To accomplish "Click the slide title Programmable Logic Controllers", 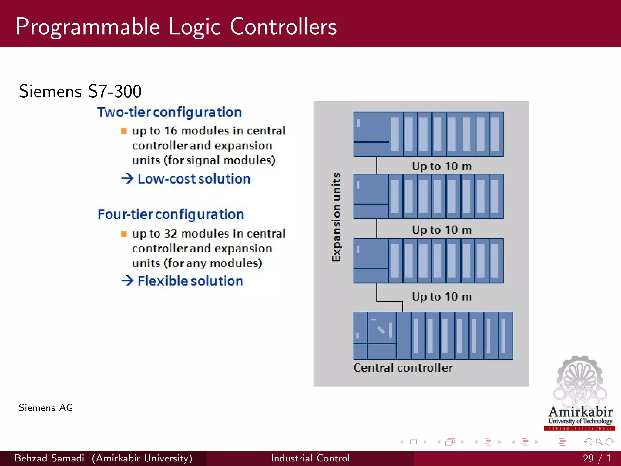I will pos(176,27).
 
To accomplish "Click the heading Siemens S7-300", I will pos(80,91).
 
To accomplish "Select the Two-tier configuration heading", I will pos(169,112).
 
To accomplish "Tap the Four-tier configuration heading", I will pos(171,214).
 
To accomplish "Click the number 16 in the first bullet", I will pos(170,131).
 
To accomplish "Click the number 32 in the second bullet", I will pos(170,234).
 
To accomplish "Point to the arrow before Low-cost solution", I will pos(127,178).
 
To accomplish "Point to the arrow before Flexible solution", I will pos(127,281).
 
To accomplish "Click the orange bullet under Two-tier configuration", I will pos(124,131).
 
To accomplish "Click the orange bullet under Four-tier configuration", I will pos(124,234).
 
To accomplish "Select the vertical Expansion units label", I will pos(336,217).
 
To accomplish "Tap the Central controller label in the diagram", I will pos(403,368).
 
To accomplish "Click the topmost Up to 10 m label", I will pos(441,166).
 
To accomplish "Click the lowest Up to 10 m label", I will pos(441,296).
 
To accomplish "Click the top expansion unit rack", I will pos(428,134).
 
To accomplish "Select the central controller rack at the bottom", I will pos(433,336).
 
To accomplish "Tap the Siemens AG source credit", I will pos(46,408).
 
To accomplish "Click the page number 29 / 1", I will pos(597,458).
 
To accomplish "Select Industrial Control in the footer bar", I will pos(310,458).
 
